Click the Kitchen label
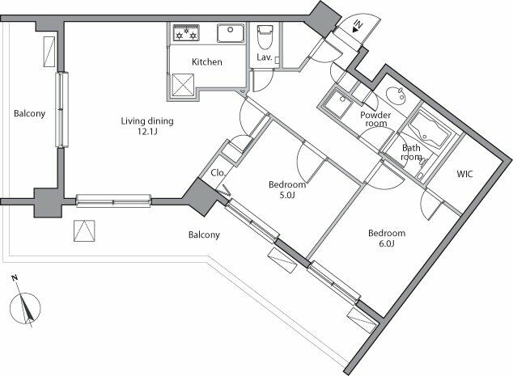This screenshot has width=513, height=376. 206,62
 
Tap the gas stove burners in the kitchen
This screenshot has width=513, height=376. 186,33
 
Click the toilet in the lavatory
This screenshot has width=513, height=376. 264,36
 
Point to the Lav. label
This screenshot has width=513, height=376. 264,57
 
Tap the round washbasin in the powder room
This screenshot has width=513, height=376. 395,95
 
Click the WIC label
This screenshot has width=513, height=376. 465,174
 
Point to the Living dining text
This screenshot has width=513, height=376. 147,122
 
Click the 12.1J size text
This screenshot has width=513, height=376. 147,133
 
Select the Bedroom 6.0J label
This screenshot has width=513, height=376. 386,239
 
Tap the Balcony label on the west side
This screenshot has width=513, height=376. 29,113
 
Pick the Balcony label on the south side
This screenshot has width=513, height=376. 205,235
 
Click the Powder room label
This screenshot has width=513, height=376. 375,119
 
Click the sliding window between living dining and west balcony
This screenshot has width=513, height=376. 60,110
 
